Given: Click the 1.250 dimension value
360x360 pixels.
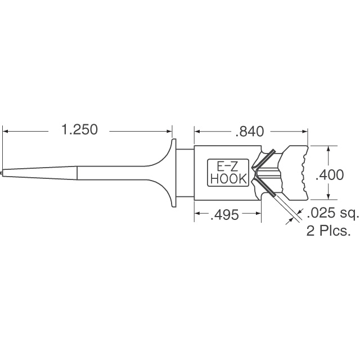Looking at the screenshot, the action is pyautogui.click(x=80, y=129).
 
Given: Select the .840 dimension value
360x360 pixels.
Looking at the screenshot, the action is pyautogui.click(x=250, y=132).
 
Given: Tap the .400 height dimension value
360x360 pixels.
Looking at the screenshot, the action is pyautogui.click(x=330, y=175).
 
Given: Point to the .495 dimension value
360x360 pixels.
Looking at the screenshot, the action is pyautogui.click(x=224, y=215).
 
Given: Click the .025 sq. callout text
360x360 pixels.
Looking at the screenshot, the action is pyautogui.click(x=332, y=213).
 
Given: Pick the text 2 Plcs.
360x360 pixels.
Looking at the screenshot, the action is pyautogui.click(x=328, y=231).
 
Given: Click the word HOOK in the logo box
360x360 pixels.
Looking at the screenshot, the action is pyautogui.click(x=228, y=179).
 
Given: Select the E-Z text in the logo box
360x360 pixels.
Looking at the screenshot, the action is pyautogui.click(x=227, y=167).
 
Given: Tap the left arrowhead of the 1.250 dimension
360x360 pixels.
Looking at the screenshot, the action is pyautogui.click(x=6, y=131).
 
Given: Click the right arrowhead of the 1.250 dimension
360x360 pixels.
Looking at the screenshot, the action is pyautogui.click(x=169, y=131).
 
